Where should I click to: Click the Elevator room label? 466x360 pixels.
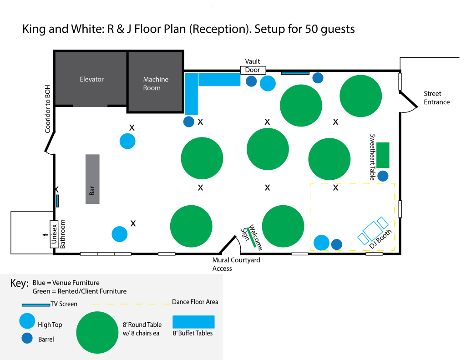tap(91, 79)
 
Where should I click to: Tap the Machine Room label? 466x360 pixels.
tap(156, 83)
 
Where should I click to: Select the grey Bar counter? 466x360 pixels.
tap(92, 179)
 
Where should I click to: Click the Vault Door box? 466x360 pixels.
tap(253, 70)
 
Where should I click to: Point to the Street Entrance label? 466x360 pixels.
tap(436, 98)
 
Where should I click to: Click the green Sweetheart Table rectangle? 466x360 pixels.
tap(383, 155)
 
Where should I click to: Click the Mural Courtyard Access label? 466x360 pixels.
tap(236, 264)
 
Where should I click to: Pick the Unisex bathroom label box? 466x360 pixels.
tap(53, 234)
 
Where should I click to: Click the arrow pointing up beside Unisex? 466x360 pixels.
tap(44, 235)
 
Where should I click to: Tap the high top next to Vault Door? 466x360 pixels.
tap(268, 83)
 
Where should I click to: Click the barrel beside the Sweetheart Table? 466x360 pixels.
tap(383, 175)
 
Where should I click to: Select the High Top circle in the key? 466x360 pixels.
tap(27, 321)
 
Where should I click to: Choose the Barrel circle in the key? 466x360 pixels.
tap(27, 338)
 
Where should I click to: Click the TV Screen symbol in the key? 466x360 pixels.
tap(35, 304)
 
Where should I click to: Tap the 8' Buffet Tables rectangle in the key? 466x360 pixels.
tap(193, 322)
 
